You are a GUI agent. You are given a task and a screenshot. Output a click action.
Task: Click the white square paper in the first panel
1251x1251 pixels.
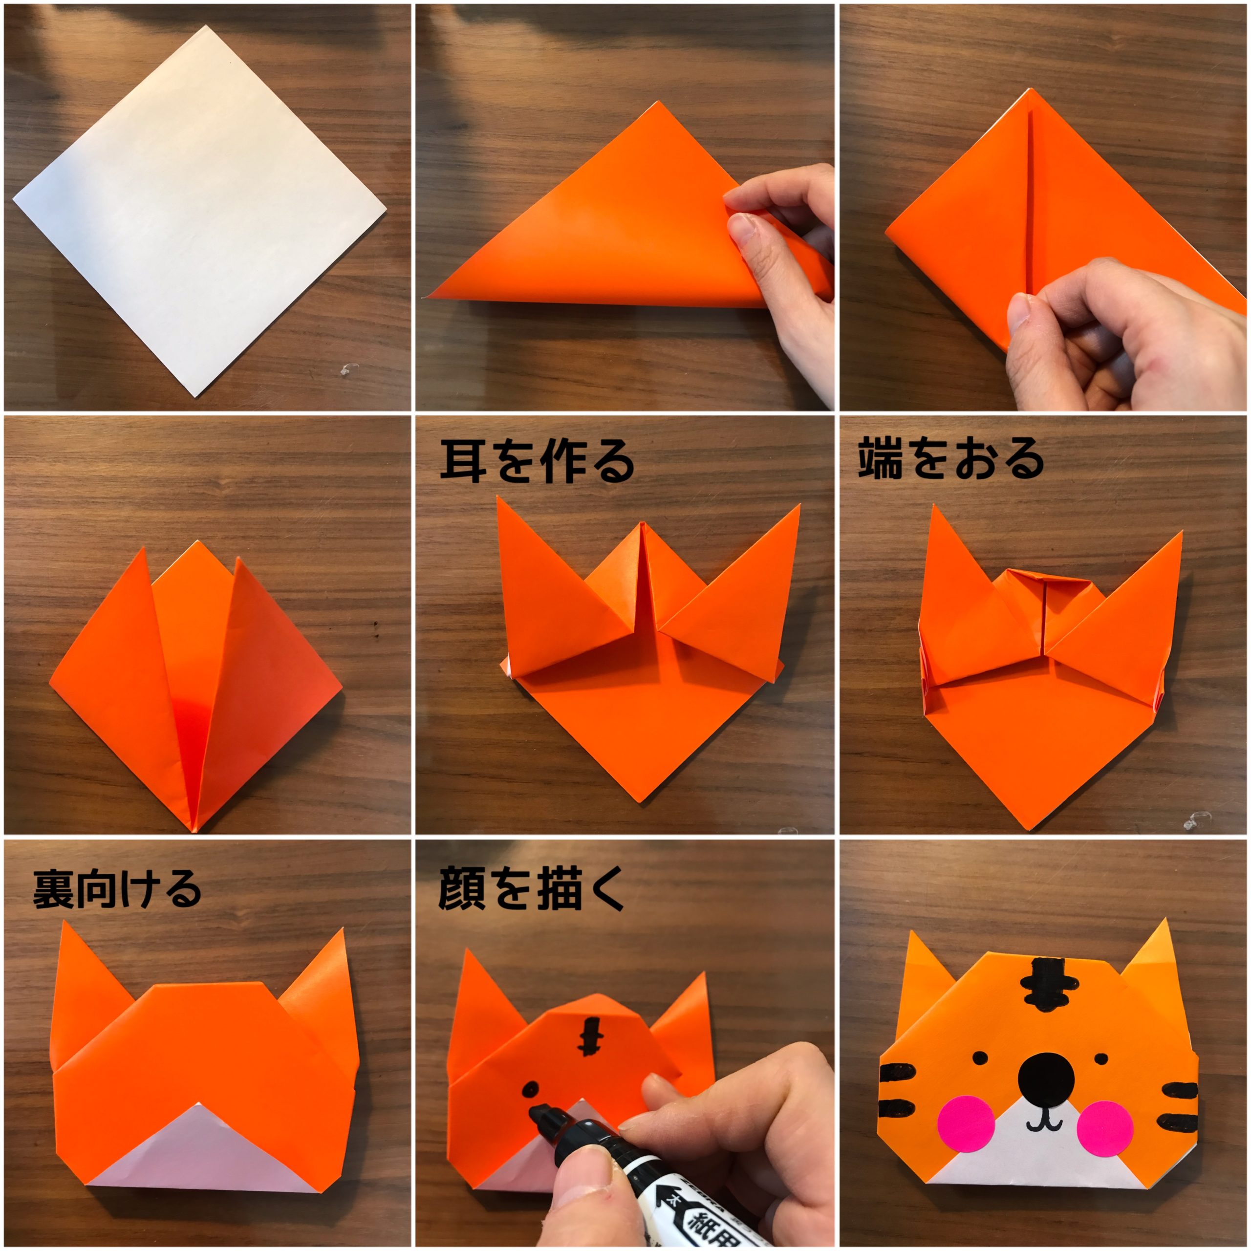pyautogui.click(x=199, y=211)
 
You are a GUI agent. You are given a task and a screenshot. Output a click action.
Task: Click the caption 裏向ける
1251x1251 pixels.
pyautogui.click(x=117, y=889)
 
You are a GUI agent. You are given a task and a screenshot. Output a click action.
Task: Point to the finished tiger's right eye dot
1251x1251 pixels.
pyautogui.click(x=1101, y=1058)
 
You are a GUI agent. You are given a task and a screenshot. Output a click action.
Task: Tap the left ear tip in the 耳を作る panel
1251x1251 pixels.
pyautogui.click(x=497, y=497)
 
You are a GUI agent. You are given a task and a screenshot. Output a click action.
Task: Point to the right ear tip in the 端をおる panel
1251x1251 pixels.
pyautogui.click(x=1181, y=532)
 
